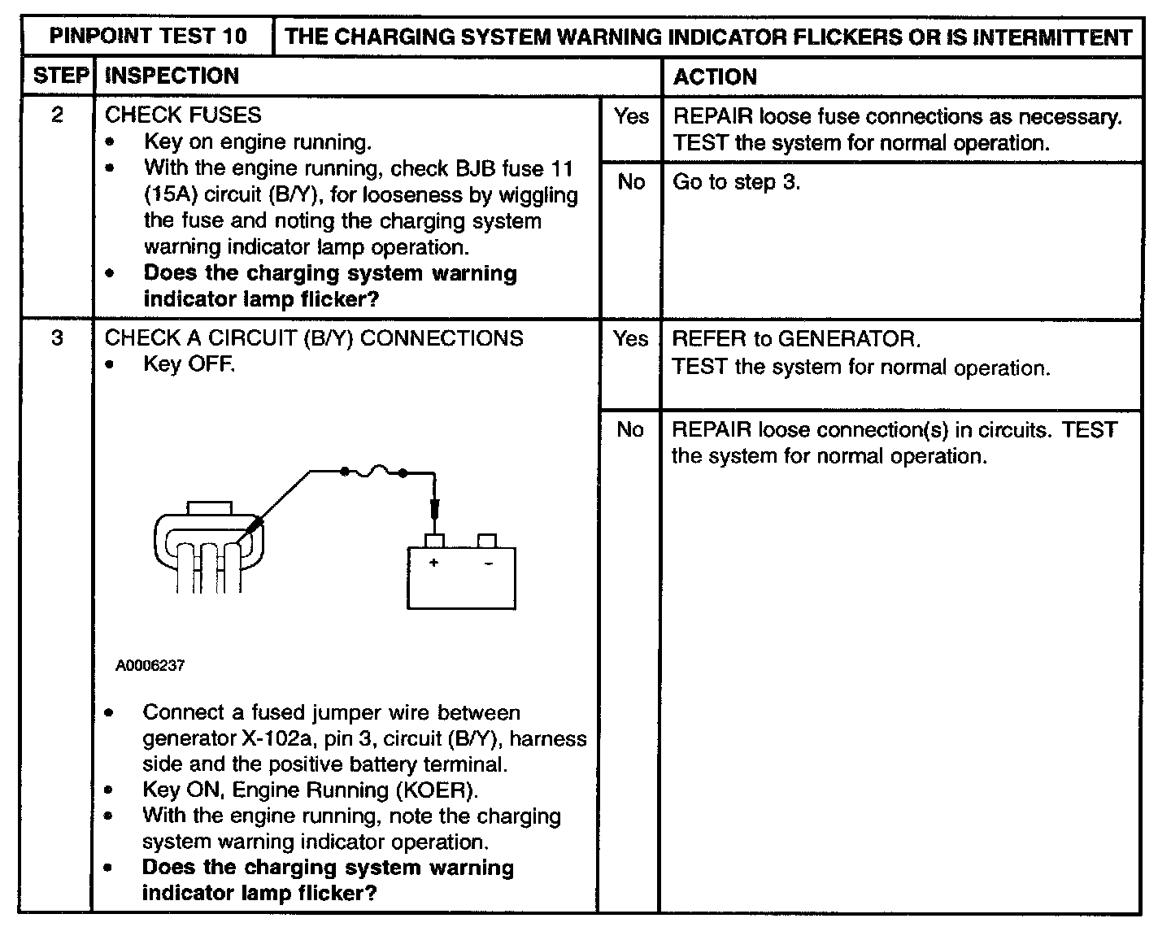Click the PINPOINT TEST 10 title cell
[x=147, y=37]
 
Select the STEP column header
[x=60, y=76]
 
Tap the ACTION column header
[x=715, y=77]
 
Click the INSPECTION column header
[x=172, y=76]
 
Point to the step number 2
[x=57, y=115]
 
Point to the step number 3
[x=57, y=337]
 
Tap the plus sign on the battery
[x=433, y=563]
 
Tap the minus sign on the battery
[x=489, y=564]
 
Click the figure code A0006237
[x=150, y=665]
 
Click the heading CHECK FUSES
[x=183, y=115]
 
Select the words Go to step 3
[x=736, y=182]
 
